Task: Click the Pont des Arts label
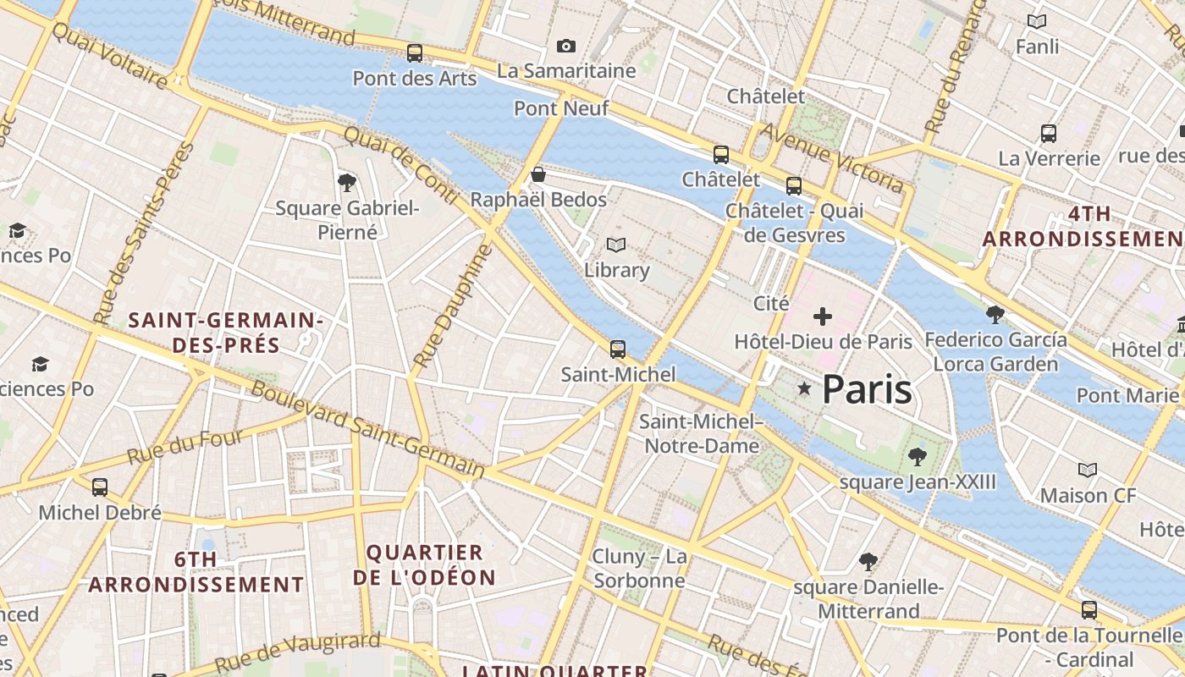tap(414, 79)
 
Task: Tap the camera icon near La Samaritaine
tap(566, 46)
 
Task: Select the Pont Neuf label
tap(548, 108)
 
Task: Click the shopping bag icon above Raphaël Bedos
tap(537, 175)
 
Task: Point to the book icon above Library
tap(617, 245)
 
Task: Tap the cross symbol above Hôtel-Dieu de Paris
tap(822, 317)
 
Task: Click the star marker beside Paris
tap(804, 388)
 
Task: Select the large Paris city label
tap(867, 389)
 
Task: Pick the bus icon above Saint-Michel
tap(618, 349)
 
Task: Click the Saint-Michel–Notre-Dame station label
tap(701, 433)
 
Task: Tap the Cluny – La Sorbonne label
tap(639, 569)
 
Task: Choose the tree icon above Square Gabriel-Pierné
tap(346, 182)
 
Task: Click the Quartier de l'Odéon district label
tap(424, 565)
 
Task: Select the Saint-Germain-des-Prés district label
tap(226, 333)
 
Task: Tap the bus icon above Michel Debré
tap(100, 487)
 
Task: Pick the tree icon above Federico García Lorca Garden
tap(995, 315)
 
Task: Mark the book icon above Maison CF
tap(1088, 470)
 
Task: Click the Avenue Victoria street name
tap(832, 157)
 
